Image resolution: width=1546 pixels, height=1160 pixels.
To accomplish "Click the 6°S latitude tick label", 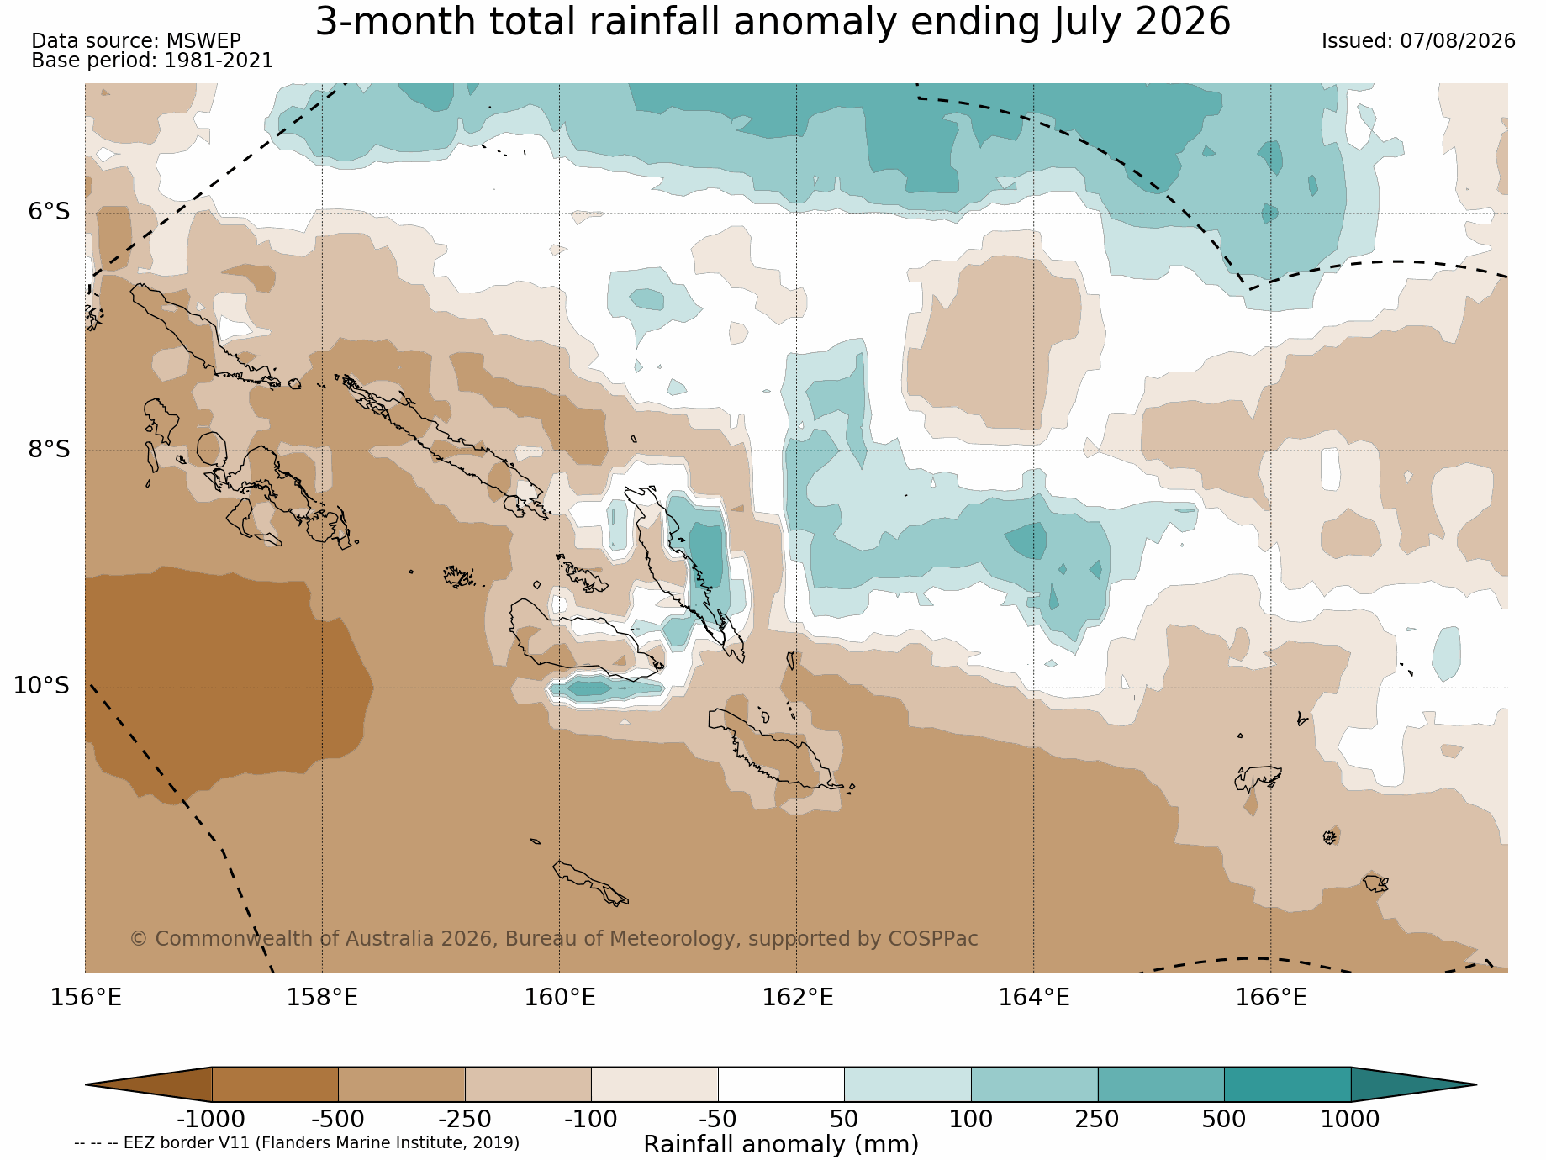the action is coord(50,212).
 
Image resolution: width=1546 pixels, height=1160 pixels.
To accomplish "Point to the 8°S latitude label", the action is coord(50,450).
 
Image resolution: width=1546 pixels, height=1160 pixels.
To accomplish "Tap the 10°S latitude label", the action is coord(42,686).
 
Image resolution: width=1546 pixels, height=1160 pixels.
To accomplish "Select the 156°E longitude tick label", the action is coord(86,998).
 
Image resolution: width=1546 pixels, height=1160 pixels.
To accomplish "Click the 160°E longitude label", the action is coord(560,998).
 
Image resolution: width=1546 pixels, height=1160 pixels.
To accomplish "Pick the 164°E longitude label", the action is coord(1034,998).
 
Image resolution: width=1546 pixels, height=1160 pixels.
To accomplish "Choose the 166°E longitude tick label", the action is coord(1271,998).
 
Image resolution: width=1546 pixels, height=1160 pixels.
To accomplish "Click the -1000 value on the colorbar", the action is coord(211,1120).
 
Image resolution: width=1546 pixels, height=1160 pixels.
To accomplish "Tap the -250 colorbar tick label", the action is coord(465,1120).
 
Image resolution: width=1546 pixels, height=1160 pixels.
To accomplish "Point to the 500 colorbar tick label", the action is coord(1224,1120).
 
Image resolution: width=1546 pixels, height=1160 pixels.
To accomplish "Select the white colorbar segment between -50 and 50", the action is coord(781,1084).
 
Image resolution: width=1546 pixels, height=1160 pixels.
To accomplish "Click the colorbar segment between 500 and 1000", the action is coord(1287,1084).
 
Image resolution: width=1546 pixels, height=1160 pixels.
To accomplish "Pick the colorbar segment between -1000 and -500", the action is coord(275,1084).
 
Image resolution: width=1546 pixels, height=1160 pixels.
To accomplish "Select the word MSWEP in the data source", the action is coord(203,41).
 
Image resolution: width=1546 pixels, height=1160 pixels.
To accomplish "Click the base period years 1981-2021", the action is coord(219,61).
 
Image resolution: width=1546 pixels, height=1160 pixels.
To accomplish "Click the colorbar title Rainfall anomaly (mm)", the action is coord(781,1145).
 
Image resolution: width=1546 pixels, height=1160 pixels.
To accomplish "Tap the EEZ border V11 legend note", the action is coord(297,1143).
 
